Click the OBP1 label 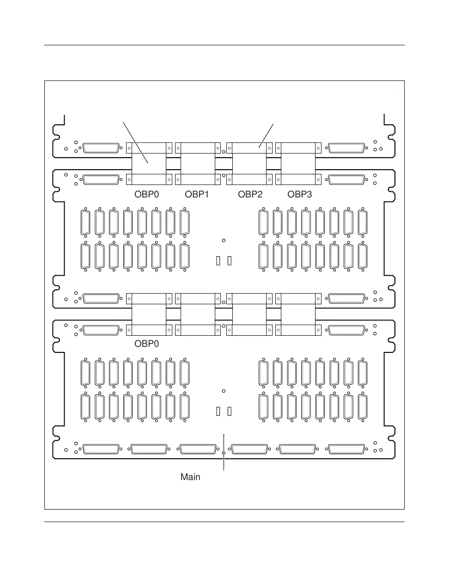click(197, 195)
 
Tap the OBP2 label click(250, 195)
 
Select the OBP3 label click(300, 195)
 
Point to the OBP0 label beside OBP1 click(146, 195)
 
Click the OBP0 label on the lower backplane click(146, 344)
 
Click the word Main click(190, 477)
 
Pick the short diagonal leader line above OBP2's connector click(267, 135)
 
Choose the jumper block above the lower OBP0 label click(149, 314)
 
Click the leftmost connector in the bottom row click(101, 449)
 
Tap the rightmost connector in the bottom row click(345, 449)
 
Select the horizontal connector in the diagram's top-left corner click(101, 148)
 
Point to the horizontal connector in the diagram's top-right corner click(345, 148)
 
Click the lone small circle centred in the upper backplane click(224, 240)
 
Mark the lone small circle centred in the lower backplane click(224, 391)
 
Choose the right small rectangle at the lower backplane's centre click(230, 412)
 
